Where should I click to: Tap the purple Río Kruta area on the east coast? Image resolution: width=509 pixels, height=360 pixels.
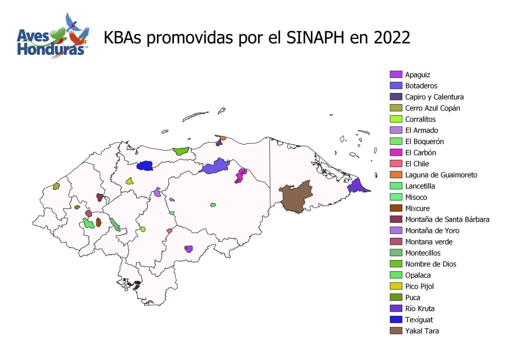(358, 186)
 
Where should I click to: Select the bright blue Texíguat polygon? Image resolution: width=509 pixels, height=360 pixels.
(144, 165)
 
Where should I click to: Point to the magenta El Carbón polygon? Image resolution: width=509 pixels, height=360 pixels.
(241, 175)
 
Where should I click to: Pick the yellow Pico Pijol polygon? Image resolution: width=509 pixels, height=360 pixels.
(129, 181)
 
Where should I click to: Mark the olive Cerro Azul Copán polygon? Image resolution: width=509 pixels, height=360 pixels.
(56, 186)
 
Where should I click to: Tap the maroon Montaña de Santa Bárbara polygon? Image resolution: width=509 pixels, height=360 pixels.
(100, 197)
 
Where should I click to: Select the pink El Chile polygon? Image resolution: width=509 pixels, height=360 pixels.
(169, 231)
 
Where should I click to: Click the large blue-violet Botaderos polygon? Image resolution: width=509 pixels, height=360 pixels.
(215, 166)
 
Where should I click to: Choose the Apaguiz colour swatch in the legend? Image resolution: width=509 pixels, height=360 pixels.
(396, 75)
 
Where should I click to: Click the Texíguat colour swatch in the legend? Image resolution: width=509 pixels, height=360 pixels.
(396, 320)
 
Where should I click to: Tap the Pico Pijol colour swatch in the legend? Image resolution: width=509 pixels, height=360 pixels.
(396, 286)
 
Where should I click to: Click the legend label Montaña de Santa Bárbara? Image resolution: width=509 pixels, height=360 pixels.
(447, 219)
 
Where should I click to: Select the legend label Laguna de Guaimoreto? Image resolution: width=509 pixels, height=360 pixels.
(441, 175)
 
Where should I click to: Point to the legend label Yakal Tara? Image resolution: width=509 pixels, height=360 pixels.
(422, 331)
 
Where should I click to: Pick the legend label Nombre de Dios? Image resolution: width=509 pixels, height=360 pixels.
(430, 264)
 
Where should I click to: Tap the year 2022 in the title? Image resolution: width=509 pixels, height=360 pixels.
(392, 37)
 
